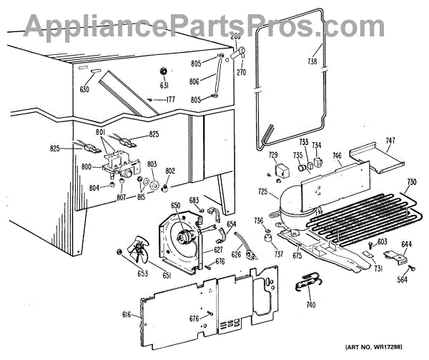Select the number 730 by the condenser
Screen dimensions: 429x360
coord(410,181)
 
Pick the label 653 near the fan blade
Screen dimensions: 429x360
coord(123,272)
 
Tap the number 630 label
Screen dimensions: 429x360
coord(84,89)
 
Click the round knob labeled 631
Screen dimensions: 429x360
coord(164,71)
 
